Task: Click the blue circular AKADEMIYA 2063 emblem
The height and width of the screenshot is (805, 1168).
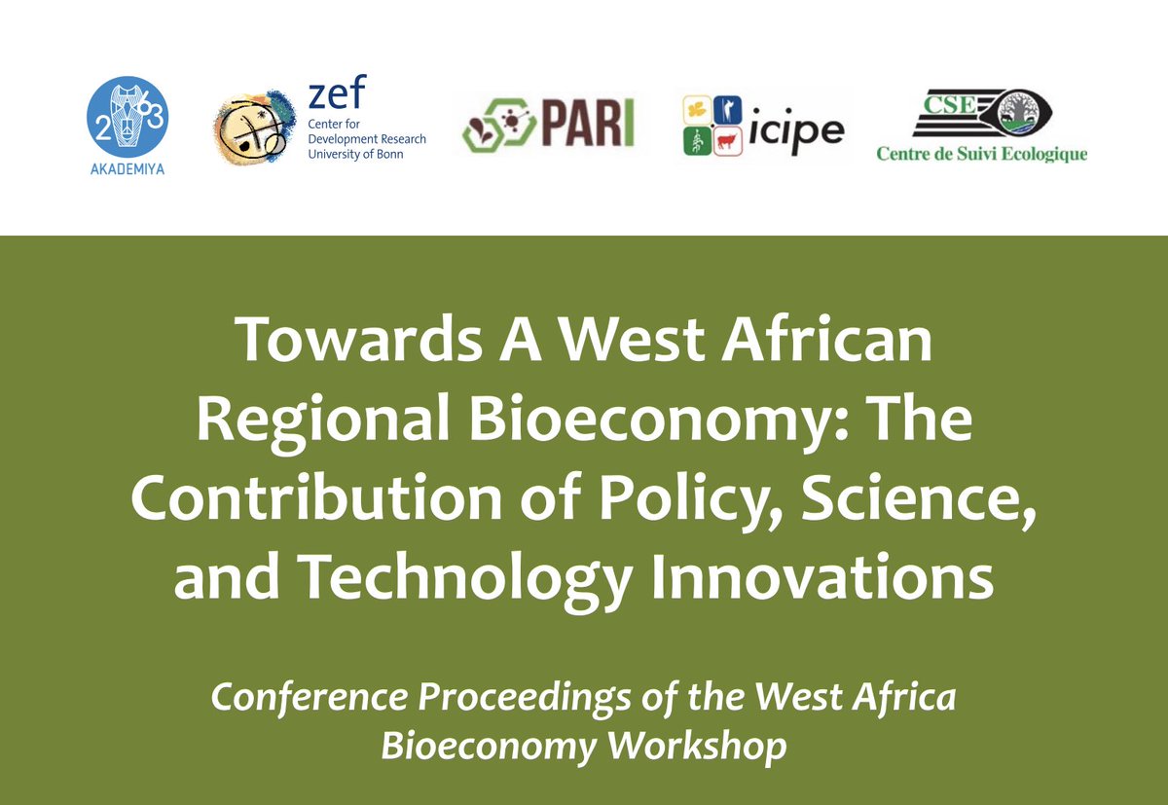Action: (x=128, y=116)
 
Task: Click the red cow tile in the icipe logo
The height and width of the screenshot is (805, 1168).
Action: (x=726, y=143)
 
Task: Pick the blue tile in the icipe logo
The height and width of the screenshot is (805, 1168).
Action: (x=726, y=110)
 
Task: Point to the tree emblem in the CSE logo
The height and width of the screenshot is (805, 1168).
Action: (x=1046, y=115)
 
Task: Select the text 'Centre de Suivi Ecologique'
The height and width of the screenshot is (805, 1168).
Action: (x=981, y=154)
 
